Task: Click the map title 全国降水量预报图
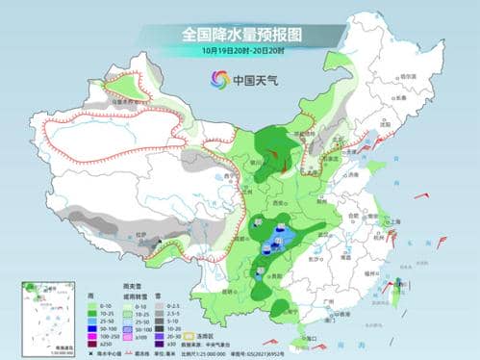coord(240,35)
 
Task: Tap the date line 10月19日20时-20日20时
coord(240,51)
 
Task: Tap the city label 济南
coord(354,175)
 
